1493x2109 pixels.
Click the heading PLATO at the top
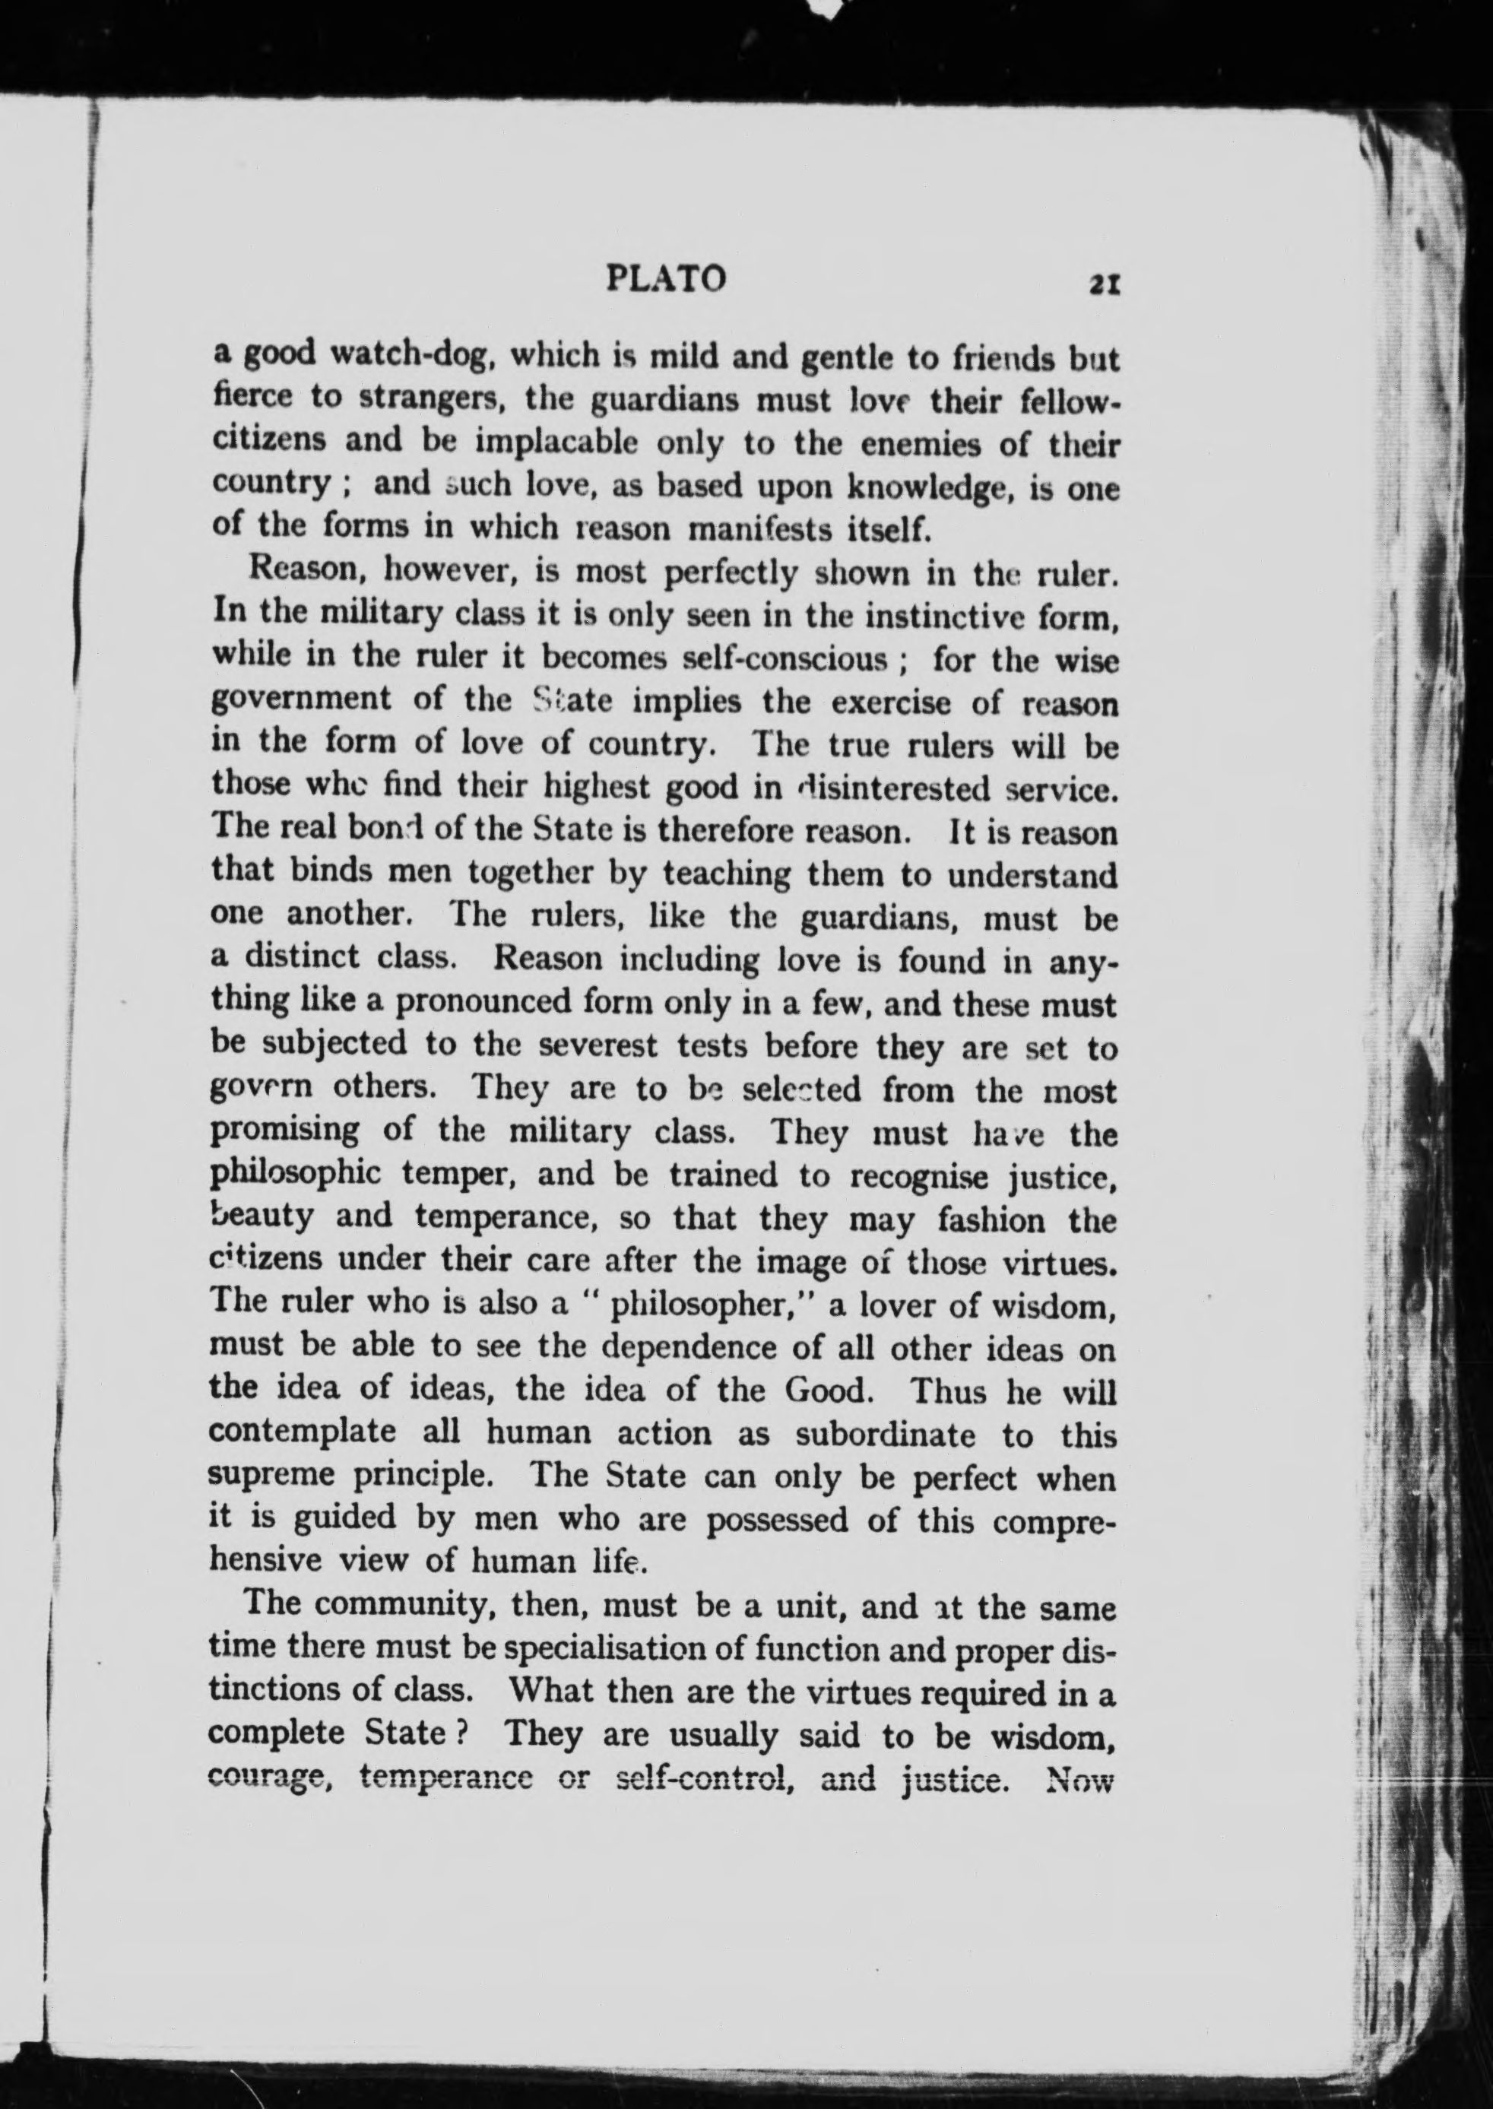click(x=667, y=277)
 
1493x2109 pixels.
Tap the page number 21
click(x=1102, y=284)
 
